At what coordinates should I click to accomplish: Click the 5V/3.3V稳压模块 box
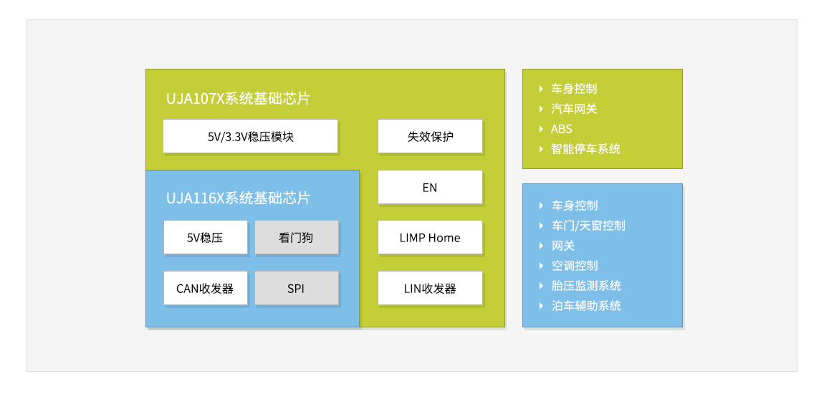point(250,136)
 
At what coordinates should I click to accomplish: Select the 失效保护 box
point(430,136)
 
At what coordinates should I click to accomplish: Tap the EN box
point(430,187)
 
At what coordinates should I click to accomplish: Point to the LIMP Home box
point(430,237)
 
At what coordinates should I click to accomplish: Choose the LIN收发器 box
point(430,288)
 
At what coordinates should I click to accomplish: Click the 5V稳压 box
point(206,237)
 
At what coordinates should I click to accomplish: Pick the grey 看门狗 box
point(297,237)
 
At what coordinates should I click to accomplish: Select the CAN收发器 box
point(206,288)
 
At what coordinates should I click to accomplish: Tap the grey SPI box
point(297,288)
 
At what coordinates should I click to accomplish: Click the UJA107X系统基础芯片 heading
point(238,99)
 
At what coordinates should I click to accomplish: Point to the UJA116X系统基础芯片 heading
point(238,198)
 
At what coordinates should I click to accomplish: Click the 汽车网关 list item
point(574,109)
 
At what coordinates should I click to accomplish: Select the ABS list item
point(561,129)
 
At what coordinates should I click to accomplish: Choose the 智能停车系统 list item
point(585,149)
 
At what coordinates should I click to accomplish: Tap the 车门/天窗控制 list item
point(588,226)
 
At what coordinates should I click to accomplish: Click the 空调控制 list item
point(575,266)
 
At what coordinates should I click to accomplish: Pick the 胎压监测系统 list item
point(586,286)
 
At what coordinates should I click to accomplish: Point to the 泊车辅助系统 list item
point(586,306)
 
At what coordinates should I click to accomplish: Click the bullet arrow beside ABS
point(541,129)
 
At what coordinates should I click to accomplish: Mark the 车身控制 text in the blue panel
point(575,206)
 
